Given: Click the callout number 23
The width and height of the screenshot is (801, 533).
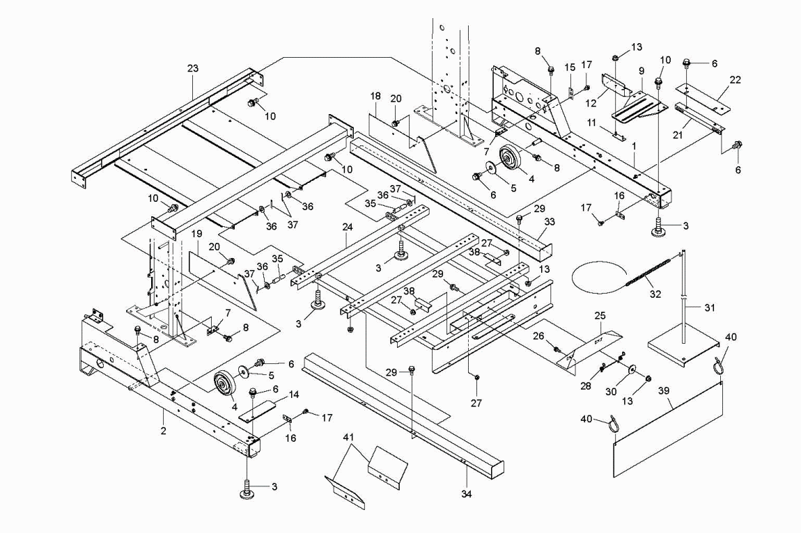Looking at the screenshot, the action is (x=192, y=68).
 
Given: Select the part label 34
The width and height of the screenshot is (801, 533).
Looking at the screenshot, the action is (x=467, y=494).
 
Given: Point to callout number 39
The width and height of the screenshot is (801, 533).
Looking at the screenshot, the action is (x=664, y=390).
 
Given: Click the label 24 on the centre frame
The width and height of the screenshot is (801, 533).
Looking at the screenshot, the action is (x=348, y=228).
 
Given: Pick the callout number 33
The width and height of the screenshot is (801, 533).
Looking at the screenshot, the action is (x=550, y=222).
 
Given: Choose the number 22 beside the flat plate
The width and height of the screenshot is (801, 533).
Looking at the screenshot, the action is (x=735, y=80).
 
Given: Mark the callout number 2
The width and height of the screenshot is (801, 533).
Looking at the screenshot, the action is (x=164, y=431).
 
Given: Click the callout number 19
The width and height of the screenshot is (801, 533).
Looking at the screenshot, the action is (x=197, y=234).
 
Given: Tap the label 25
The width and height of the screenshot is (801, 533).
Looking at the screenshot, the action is (x=600, y=317).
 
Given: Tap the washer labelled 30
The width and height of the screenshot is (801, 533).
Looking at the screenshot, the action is (x=633, y=369).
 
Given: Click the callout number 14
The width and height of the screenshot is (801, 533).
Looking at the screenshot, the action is (x=294, y=395).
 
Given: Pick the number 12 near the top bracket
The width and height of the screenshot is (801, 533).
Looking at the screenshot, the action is (x=591, y=103).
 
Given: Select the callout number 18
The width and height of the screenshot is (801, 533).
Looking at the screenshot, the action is (x=375, y=97).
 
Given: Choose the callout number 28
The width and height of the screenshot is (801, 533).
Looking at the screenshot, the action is (x=586, y=386).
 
